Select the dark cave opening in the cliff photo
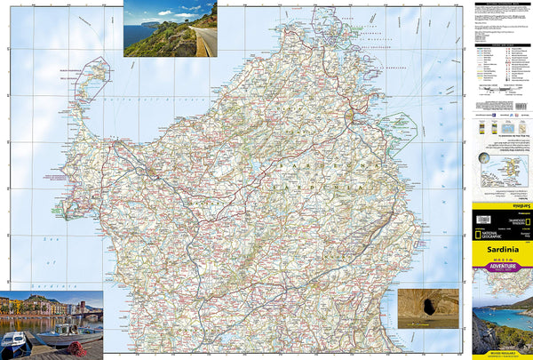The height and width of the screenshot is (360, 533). (428, 308)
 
